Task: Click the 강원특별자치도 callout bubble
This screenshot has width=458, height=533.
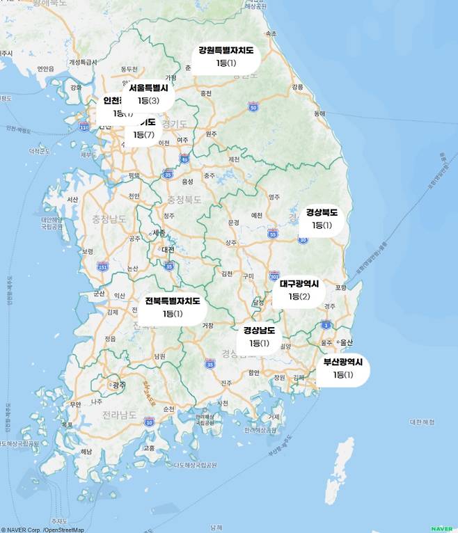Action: click(x=226, y=57)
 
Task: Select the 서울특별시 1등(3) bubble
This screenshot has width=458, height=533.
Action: click(x=148, y=95)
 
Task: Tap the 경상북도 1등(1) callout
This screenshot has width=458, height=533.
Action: click(x=322, y=218)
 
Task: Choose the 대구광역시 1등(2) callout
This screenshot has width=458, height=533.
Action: click(x=299, y=290)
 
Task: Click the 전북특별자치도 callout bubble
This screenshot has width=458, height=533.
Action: click(x=172, y=308)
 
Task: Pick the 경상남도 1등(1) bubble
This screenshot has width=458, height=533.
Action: click(x=259, y=337)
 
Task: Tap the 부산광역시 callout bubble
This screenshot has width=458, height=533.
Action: click(x=343, y=368)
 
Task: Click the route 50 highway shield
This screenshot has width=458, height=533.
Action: click(x=253, y=107)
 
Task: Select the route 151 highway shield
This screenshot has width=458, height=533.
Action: click(x=103, y=266)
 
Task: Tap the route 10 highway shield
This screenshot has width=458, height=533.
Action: click(x=149, y=422)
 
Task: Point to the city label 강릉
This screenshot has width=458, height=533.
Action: click(x=298, y=87)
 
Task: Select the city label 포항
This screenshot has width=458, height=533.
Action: click(x=340, y=287)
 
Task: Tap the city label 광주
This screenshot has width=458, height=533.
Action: click(x=119, y=384)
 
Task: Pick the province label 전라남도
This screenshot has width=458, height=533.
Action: click(x=119, y=415)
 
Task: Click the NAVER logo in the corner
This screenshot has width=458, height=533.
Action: click(x=441, y=529)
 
